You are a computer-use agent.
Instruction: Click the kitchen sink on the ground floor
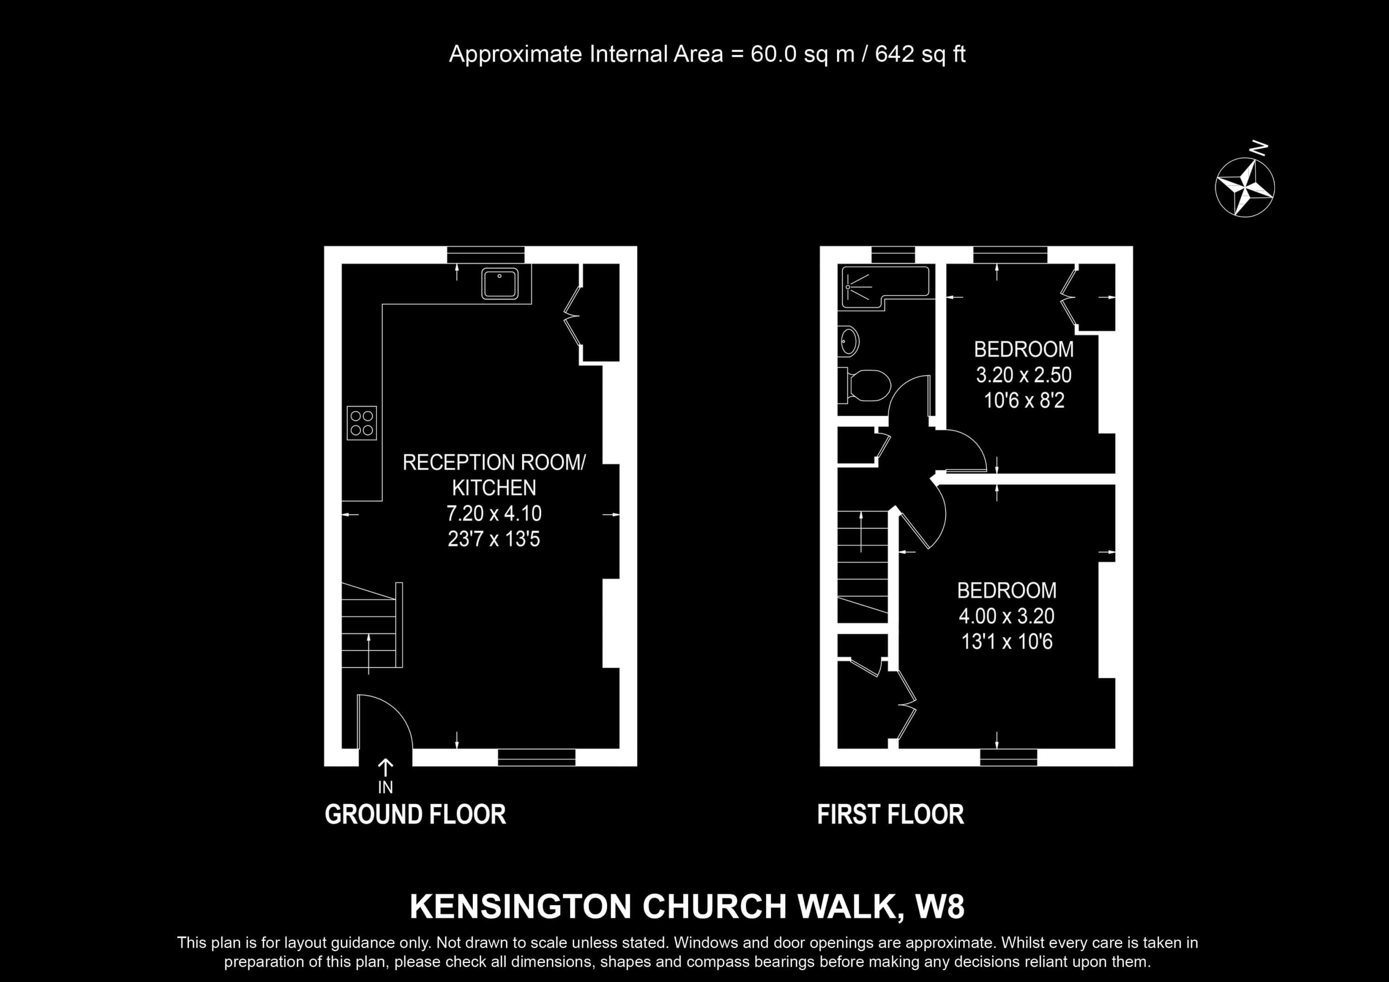coord(500,283)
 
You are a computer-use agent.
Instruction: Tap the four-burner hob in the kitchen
coord(362,422)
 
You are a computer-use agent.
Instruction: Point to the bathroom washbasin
coord(849,341)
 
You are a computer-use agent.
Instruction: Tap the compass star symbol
coord(1245,187)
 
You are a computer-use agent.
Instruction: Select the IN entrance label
coord(385,787)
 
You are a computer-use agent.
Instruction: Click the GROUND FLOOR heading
coord(415,814)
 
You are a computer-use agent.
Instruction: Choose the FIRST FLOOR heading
coord(890,814)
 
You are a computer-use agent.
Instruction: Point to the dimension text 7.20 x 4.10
coord(494,514)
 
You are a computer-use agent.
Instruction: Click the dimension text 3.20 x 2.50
coord(1024,375)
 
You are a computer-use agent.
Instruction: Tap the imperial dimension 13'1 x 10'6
coord(1007,641)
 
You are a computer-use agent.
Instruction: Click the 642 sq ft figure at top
coord(920,55)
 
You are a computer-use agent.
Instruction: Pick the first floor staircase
coord(863,566)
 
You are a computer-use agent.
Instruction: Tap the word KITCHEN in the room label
coord(494,488)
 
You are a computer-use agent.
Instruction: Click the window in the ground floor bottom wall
coord(537,757)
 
